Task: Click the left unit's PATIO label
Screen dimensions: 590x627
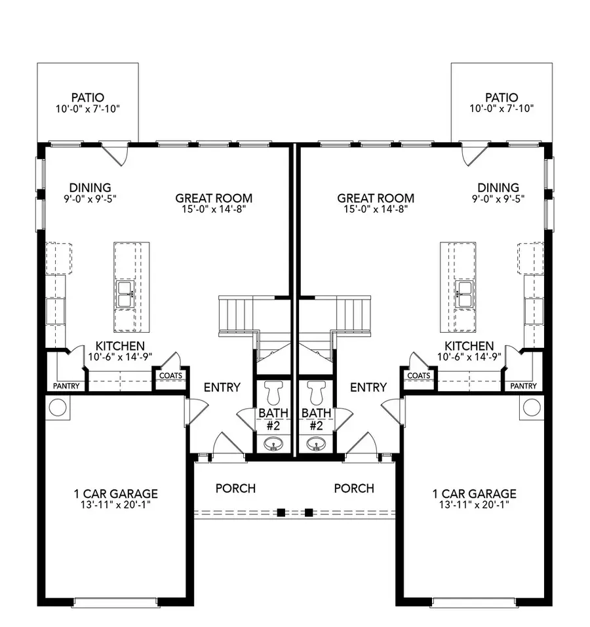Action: pyautogui.click(x=88, y=97)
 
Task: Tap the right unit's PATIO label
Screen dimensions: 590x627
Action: pyautogui.click(x=501, y=97)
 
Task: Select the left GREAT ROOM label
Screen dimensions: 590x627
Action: pyautogui.click(x=214, y=198)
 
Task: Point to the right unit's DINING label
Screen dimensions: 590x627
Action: pyautogui.click(x=498, y=187)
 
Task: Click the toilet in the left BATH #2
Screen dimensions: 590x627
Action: pyautogui.click(x=275, y=392)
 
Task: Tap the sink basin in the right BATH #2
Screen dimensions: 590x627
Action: pyautogui.click(x=317, y=444)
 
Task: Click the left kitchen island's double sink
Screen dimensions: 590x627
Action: pyautogui.click(x=125, y=294)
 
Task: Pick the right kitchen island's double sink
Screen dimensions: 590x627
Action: pyautogui.click(x=465, y=294)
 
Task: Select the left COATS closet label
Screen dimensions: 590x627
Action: pyautogui.click(x=171, y=375)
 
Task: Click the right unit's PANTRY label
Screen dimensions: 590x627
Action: pyautogui.click(x=523, y=386)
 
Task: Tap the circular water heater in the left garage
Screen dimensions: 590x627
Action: pyautogui.click(x=58, y=408)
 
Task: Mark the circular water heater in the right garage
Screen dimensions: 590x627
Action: pyautogui.click(x=532, y=408)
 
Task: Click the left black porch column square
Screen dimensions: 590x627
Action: pyautogui.click(x=281, y=512)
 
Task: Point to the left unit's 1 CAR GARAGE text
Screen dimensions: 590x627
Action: pyautogui.click(x=116, y=494)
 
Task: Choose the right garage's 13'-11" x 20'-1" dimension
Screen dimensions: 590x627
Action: pyautogui.click(x=474, y=504)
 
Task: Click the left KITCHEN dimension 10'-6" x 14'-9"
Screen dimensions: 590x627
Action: pyautogui.click(x=120, y=356)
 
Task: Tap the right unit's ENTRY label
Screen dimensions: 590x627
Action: pyautogui.click(x=368, y=387)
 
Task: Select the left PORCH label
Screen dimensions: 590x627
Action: pyautogui.click(x=235, y=488)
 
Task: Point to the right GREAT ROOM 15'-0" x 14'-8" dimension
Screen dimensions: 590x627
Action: pyautogui.click(x=376, y=209)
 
